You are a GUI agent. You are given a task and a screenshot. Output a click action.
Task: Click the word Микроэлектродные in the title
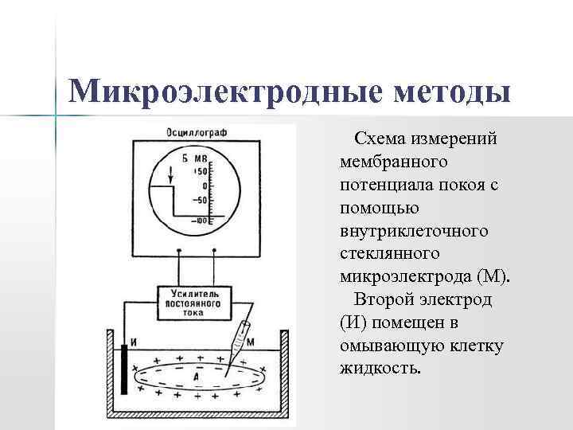[x=226, y=92]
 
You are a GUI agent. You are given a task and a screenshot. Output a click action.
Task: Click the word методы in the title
[x=450, y=92]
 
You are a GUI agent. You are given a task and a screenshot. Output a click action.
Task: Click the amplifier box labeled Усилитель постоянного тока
[x=195, y=302]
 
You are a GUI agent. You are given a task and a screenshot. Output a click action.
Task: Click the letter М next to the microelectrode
[x=251, y=342]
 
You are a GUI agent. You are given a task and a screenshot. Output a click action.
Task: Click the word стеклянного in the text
[x=389, y=255]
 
